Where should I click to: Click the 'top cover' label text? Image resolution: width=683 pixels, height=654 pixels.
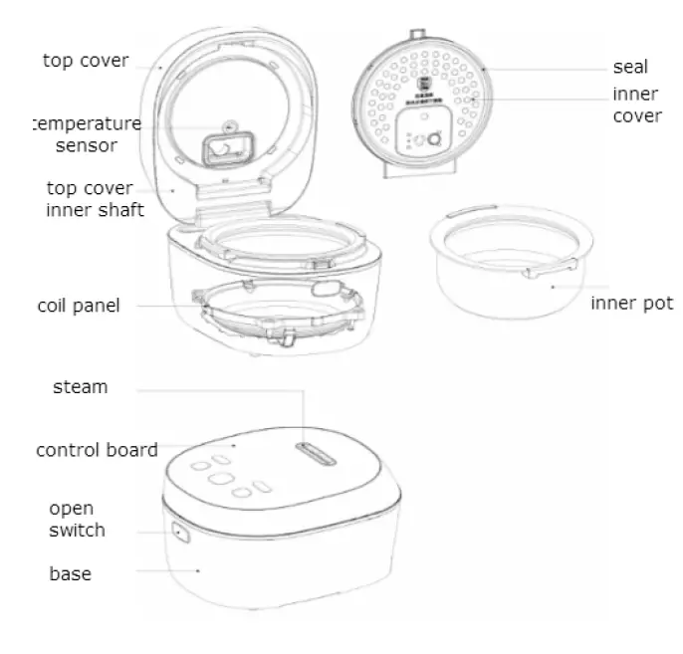coord(86,61)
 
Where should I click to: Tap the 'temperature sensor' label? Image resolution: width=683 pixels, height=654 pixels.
coord(86,135)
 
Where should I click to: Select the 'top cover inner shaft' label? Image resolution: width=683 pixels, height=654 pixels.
coord(96,199)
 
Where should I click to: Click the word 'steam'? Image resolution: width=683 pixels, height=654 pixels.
coord(80,387)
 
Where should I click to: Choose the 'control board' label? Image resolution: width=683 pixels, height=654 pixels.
coord(97,450)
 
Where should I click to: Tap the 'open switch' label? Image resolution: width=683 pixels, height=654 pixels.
coord(77,519)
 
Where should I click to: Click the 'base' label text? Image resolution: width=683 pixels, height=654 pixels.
coord(70,574)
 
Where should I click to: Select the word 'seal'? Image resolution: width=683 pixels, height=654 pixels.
coord(630,68)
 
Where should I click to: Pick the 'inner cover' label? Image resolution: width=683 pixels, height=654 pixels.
coord(636,105)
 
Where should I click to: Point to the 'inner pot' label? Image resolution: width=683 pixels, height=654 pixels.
coord(631,302)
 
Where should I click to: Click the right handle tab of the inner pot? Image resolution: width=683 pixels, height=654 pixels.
coord(569,263)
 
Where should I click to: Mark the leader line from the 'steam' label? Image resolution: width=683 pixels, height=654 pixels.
coord(219,391)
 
